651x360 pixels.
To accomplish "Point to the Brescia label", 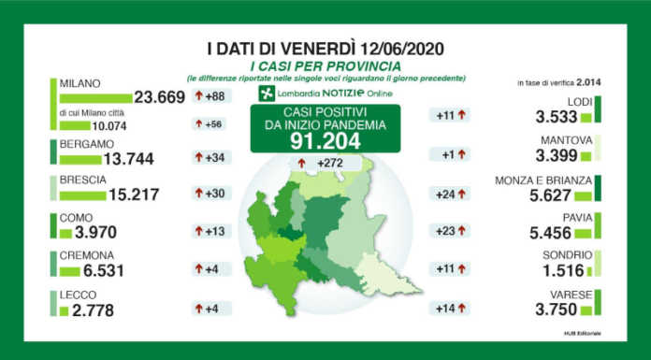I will click(85, 179).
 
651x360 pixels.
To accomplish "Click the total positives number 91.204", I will click(325, 140).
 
